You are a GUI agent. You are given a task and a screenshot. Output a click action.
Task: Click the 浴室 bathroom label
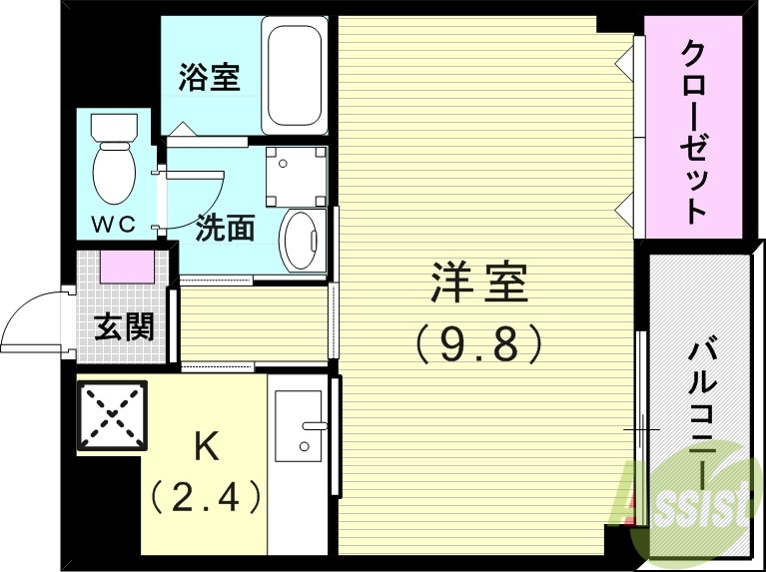coord(210,78)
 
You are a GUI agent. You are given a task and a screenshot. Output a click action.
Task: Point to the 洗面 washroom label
coord(225,229)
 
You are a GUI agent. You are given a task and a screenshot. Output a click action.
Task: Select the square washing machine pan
coord(296,174)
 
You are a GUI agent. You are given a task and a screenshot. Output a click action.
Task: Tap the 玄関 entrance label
coord(124,326)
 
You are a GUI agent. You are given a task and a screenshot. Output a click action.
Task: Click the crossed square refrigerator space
coord(110,415)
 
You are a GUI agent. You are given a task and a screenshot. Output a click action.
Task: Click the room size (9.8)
coord(479,344)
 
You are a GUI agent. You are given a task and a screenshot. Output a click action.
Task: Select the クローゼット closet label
coord(693,130)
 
